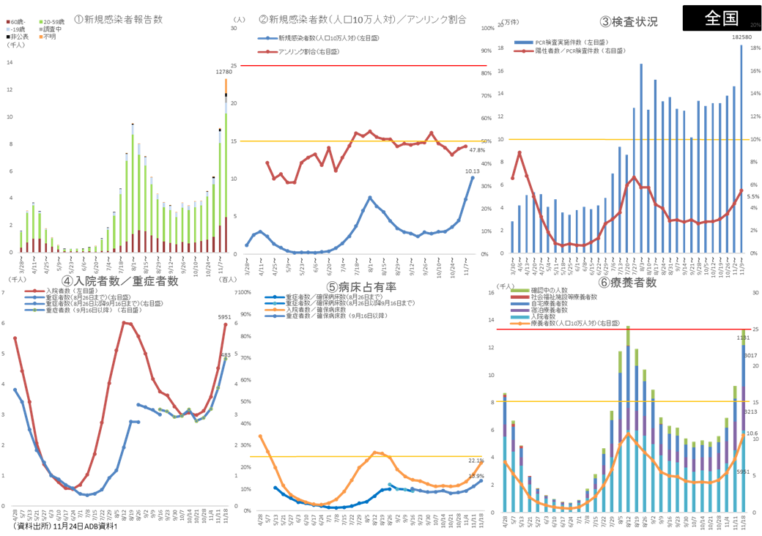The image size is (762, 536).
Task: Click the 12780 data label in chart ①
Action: point(224,72)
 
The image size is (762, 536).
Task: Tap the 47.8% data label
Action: point(477,150)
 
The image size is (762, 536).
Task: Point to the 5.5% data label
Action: point(752,196)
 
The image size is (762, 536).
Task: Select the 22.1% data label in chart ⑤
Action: point(476,460)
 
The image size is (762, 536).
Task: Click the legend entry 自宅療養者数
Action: point(561,303)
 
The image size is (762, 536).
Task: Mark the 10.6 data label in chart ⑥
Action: point(752,433)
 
